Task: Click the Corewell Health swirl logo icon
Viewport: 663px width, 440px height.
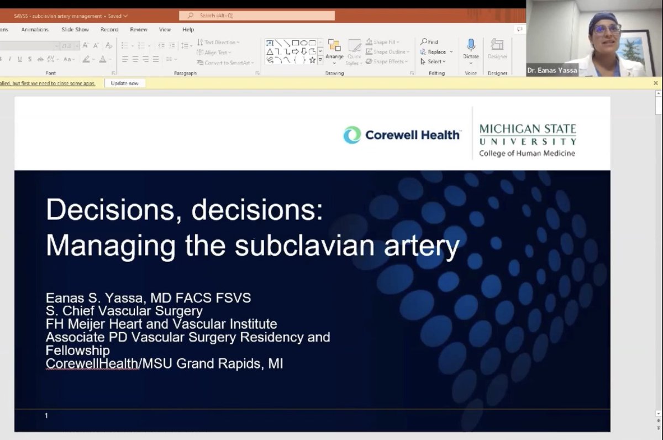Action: pyautogui.click(x=352, y=135)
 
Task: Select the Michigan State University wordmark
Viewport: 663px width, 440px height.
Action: pyautogui.click(x=527, y=134)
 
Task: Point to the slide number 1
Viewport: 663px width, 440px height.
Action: pyautogui.click(x=46, y=415)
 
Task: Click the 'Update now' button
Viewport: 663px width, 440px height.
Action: pyautogui.click(x=124, y=83)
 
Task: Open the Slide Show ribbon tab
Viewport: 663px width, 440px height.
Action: pyautogui.click(x=75, y=30)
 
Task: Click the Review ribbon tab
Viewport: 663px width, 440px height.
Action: pyautogui.click(x=139, y=30)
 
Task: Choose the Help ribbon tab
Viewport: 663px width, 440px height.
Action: pyautogui.click(x=188, y=30)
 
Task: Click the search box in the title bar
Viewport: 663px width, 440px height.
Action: pyautogui.click(x=257, y=16)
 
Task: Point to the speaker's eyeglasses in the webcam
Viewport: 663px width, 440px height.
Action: pyautogui.click(x=606, y=29)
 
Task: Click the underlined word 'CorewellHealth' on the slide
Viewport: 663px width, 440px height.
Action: pyautogui.click(x=92, y=364)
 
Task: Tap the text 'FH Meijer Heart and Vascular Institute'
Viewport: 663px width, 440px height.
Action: pyautogui.click(x=161, y=324)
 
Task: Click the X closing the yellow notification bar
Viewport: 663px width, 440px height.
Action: pyautogui.click(x=656, y=83)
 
